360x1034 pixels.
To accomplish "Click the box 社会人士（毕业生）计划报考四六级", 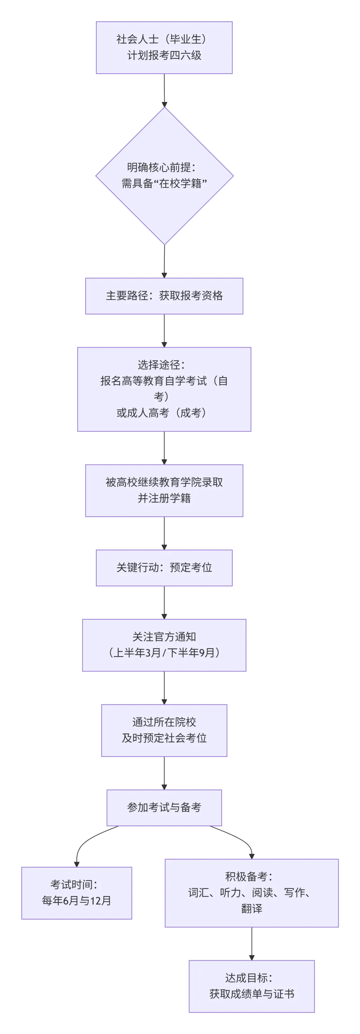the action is point(164,47).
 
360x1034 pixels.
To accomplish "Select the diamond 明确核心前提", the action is point(164,175).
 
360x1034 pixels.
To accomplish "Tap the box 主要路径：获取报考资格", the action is point(164,296).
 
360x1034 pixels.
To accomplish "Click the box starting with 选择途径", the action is point(164,389).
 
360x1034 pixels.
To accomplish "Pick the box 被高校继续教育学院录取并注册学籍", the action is point(164,490).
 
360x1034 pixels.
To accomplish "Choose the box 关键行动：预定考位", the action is point(164,567).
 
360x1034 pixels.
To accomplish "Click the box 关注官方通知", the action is point(164,645).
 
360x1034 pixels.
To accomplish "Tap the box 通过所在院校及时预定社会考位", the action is point(164,730).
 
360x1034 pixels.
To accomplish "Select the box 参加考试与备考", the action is point(164,807).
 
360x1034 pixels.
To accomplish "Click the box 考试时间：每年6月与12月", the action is point(77,893).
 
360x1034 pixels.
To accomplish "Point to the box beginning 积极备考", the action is point(252,893).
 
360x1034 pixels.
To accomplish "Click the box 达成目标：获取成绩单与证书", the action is point(252,986).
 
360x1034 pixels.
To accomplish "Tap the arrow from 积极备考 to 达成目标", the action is point(252,943).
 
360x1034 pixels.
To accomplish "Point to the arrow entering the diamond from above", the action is point(164,90).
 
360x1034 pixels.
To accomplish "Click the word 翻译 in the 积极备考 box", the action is point(252,908).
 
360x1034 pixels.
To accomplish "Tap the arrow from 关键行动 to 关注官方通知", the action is point(164,602).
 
